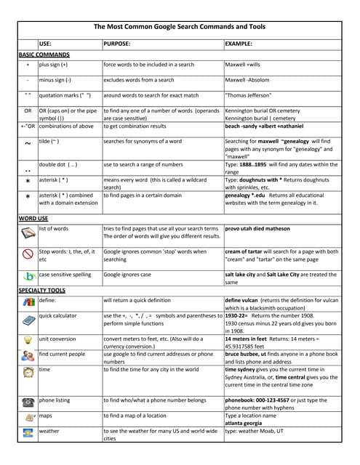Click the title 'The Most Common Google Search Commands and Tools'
pos(180,27)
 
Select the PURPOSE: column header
pos(117,44)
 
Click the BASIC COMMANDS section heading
pos(44,54)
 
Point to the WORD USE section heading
pos(33,218)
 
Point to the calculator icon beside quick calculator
pos(28,320)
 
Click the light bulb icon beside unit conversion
pos(28,339)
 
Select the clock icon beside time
pos(28,372)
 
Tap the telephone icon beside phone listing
pos(28,400)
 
